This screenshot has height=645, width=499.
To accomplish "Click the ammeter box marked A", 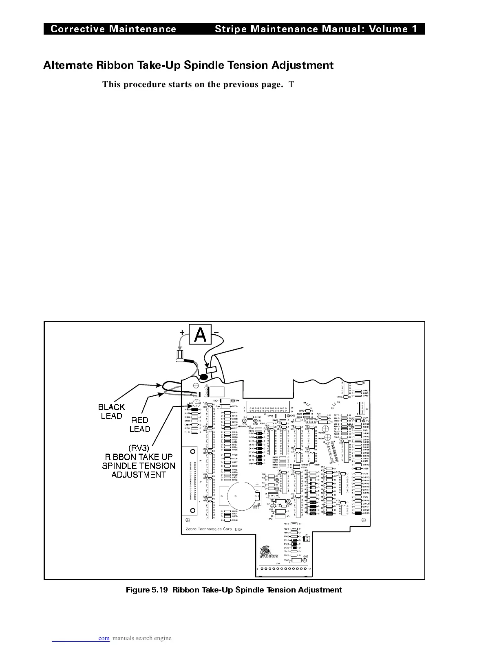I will pos(200,335).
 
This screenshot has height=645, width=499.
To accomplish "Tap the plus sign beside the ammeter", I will pos(182,332).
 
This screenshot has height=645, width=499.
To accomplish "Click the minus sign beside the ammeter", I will pos(216,332).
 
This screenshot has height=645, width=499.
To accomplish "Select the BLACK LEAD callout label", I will pos(111,411).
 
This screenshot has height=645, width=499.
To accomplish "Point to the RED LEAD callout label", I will pos(139,424).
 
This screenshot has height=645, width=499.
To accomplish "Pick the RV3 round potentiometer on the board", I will pos(196,404).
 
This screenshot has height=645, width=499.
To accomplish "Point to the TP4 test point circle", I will pos(233,401).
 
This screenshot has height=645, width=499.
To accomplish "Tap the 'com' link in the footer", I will pos(104,638).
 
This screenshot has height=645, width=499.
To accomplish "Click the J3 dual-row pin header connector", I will pos(269,408).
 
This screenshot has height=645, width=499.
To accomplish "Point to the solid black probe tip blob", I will pos(203,377).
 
